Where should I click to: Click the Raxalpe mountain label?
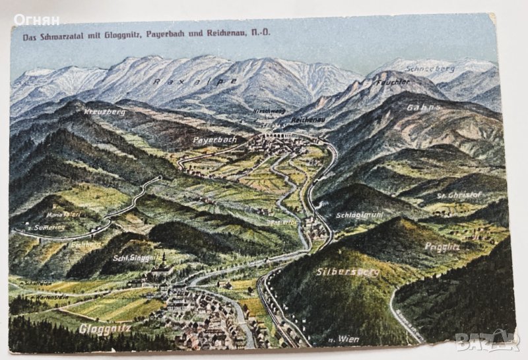[x=195, y=81]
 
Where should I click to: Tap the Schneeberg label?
[x=431, y=68]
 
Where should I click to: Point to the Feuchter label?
[x=393, y=83]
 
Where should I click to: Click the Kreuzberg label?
[x=105, y=112]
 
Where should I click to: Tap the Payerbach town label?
[x=214, y=140]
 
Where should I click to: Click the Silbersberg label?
[x=347, y=271]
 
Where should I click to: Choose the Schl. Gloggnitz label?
[x=137, y=257]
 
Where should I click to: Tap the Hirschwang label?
[x=269, y=112]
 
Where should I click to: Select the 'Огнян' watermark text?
[x=36, y=20]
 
